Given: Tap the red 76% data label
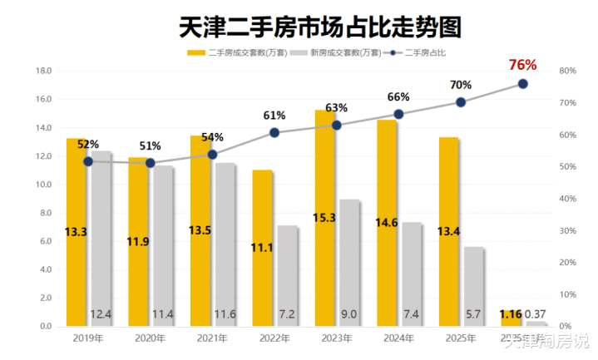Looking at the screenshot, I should (523, 65).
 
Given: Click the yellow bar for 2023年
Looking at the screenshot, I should (325, 218).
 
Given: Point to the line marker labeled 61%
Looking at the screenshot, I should (274, 132).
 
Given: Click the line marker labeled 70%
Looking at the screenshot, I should (461, 102).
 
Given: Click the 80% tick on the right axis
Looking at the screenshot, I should (568, 72).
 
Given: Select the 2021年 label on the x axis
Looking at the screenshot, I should (212, 338).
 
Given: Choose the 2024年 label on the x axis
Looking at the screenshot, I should (398, 338).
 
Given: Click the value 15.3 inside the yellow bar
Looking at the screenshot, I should (325, 240).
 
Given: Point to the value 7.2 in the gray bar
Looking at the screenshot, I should (288, 315).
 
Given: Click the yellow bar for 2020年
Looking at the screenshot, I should (139, 241).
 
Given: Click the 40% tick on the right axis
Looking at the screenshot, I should (568, 199).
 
